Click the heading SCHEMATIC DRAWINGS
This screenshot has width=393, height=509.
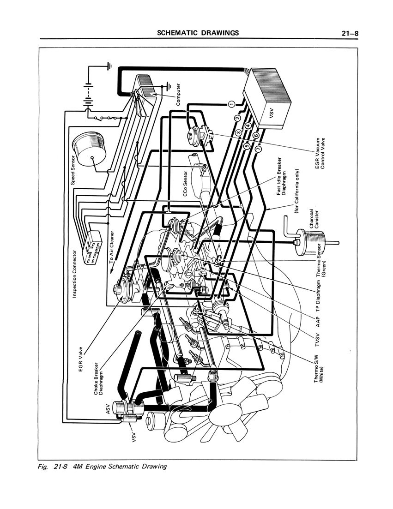[198, 33]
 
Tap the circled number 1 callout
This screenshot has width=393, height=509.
[232, 104]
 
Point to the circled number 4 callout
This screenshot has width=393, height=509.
[248, 126]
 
